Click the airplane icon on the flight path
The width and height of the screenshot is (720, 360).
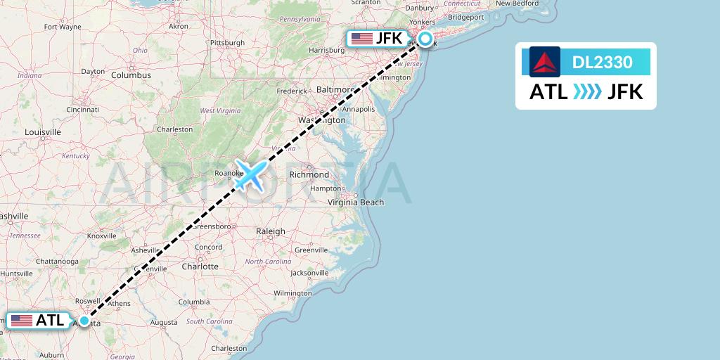[x=250, y=174]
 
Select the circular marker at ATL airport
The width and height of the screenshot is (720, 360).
[x=84, y=321]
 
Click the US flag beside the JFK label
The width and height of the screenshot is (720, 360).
[x=362, y=39]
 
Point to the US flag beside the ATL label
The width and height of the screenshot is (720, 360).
[x=22, y=321]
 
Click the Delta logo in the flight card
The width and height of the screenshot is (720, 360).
[x=545, y=62]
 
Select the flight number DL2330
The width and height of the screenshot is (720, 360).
[x=602, y=63]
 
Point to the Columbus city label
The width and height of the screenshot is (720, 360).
[x=131, y=75]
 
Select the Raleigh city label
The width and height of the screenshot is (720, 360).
[x=271, y=231]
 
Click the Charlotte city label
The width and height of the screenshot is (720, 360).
[x=200, y=266]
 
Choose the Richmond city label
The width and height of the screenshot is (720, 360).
[x=309, y=174]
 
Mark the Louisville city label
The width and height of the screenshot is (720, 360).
[x=43, y=131]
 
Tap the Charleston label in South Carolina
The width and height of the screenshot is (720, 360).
[x=229, y=348]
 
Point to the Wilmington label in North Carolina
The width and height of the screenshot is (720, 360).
[x=292, y=292]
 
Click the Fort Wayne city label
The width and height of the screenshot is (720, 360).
[x=63, y=27]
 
